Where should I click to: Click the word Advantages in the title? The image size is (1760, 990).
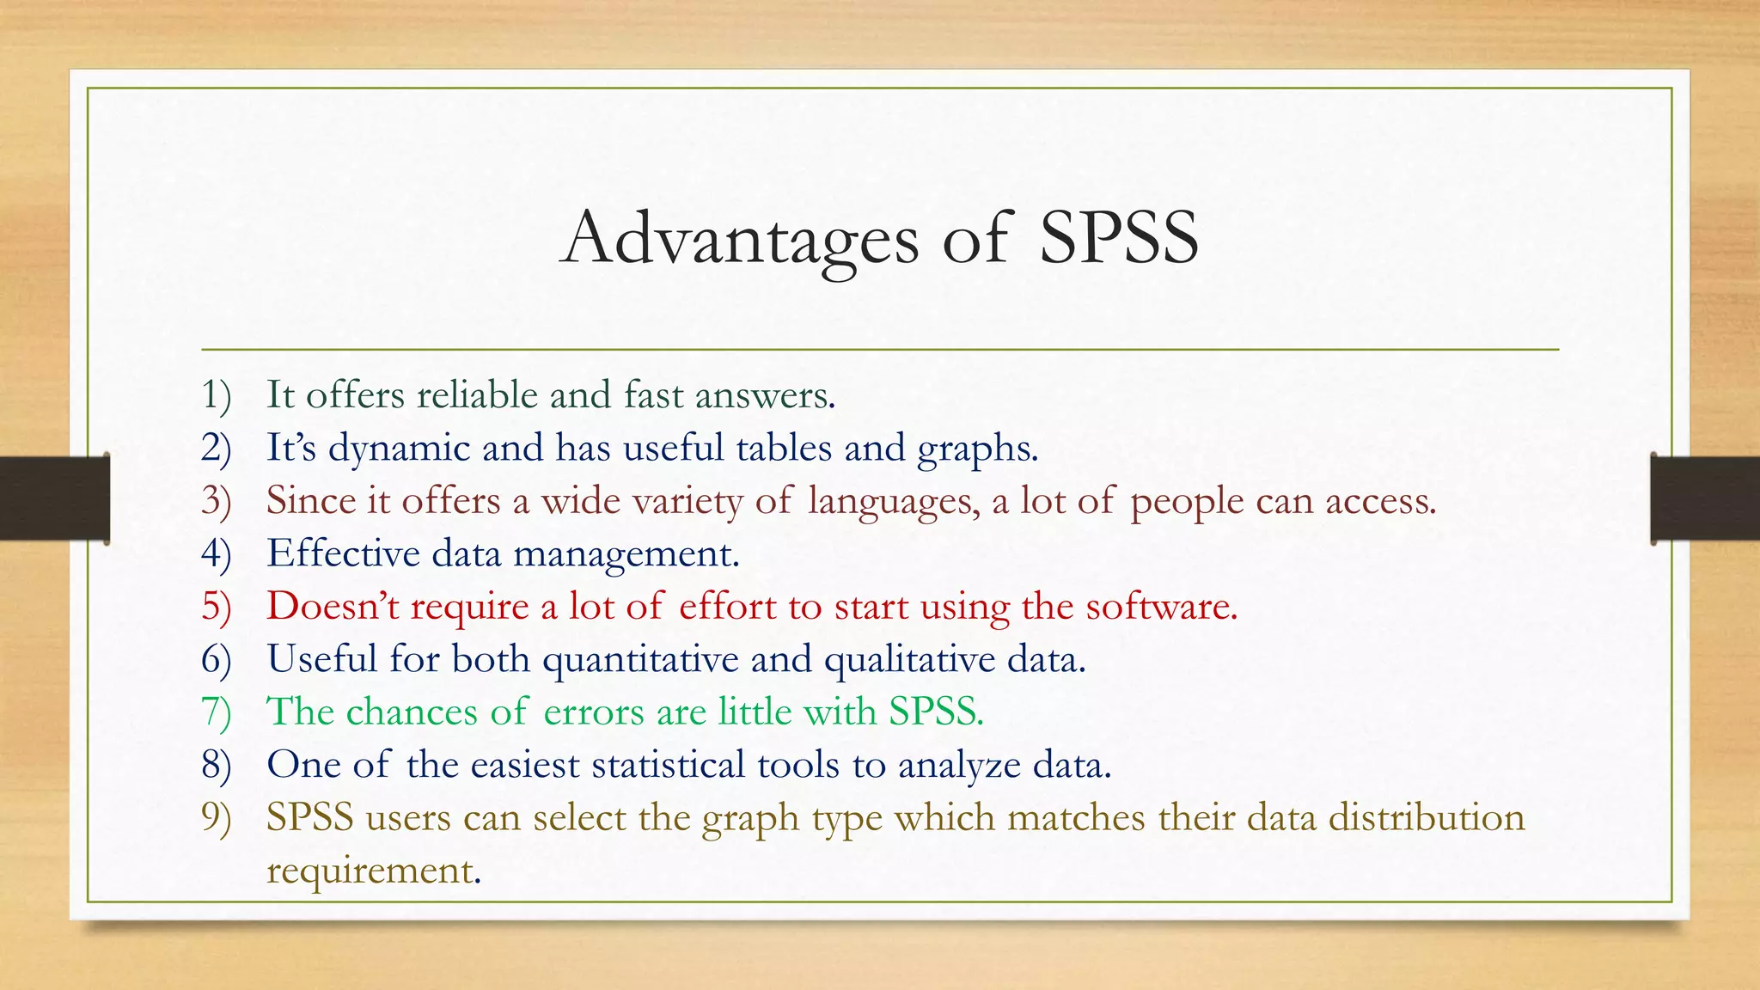click(x=740, y=239)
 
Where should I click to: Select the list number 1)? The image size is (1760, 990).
click(x=217, y=395)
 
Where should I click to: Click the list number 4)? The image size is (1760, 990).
click(x=217, y=554)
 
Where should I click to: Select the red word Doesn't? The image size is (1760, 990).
click(x=333, y=607)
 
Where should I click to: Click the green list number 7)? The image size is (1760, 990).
click(x=217, y=712)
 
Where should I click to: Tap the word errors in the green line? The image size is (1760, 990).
click(x=593, y=712)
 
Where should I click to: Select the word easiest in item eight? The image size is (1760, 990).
click(x=524, y=765)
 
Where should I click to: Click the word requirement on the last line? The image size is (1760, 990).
click(x=370, y=871)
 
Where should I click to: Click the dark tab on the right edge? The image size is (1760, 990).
click(x=1705, y=498)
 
